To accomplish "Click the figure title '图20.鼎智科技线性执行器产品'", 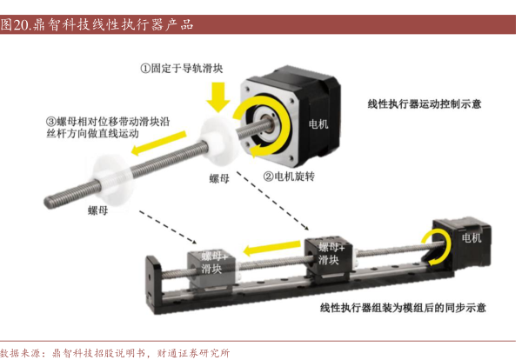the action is point(97,24).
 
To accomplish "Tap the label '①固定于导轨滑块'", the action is point(182,69).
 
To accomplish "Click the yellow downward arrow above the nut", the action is point(218,97).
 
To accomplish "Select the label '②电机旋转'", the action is point(289,177).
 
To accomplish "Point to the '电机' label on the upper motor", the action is point(318,124).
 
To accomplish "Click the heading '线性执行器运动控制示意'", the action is point(425,104).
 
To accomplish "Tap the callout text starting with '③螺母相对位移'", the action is point(108,128).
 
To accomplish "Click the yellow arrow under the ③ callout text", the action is point(158,143).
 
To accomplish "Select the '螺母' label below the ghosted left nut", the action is point(97,210).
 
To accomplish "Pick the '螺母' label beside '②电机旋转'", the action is point(219,178).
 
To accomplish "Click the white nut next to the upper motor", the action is point(218,140).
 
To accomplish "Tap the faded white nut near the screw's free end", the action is point(112,180).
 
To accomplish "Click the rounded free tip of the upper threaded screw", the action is point(48,203).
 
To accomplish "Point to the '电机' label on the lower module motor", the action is point(472,237).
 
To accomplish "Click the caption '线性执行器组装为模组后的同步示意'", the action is point(403,308).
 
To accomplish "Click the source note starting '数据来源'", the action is point(115,353).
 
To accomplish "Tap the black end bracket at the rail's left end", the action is point(154,284).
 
